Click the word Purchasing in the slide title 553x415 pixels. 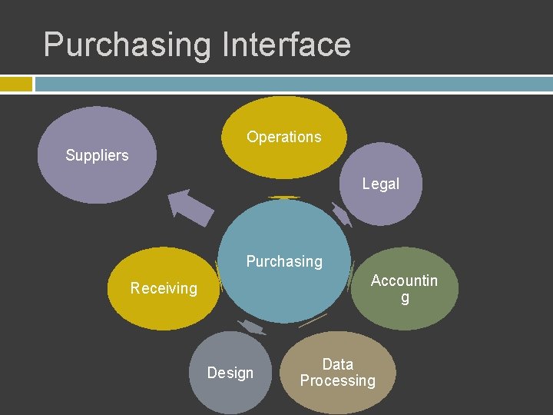(127, 45)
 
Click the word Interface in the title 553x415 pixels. (286, 45)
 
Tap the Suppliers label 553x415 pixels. (97, 155)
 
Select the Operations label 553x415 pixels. (283, 137)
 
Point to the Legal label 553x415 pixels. (381, 184)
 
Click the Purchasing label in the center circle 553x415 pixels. (284, 261)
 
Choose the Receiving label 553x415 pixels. (164, 288)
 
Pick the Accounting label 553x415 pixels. (404, 288)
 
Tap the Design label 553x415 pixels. (230, 373)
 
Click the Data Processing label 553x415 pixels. (338, 372)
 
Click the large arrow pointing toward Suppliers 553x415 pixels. (190, 206)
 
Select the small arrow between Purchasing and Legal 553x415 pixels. (342, 214)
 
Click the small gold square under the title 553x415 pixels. (16, 83)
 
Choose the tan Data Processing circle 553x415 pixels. (338, 396)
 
